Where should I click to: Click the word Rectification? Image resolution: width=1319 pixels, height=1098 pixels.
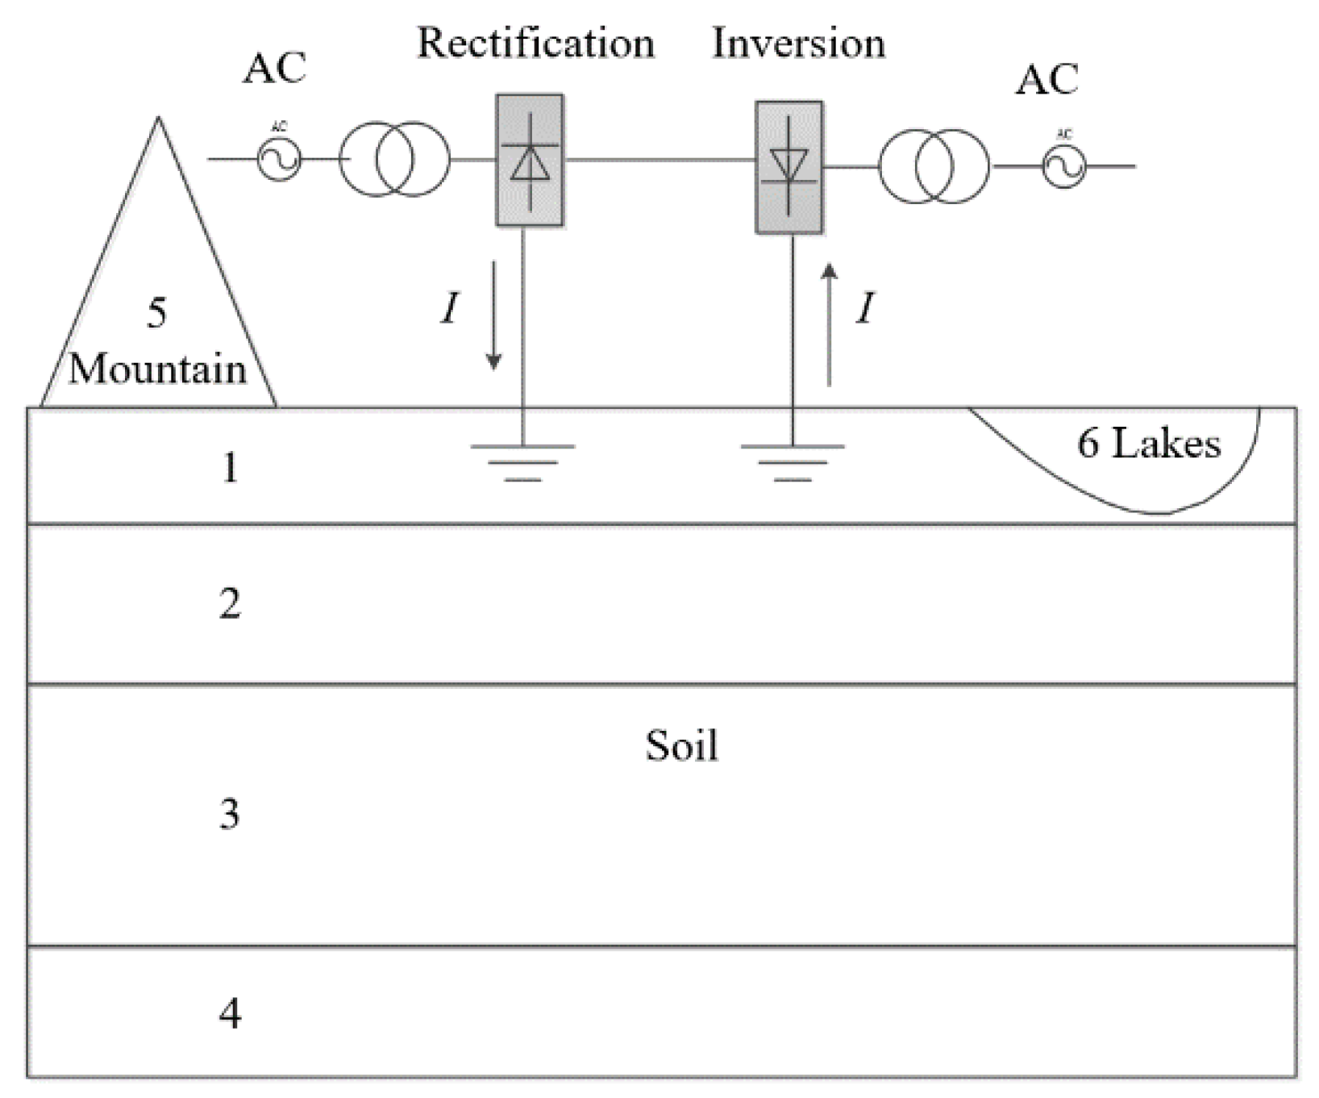pyautogui.click(x=535, y=43)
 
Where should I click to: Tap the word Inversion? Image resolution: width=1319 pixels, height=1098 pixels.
pyautogui.click(x=798, y=43)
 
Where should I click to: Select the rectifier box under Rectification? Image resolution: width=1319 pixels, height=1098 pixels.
pyautogui.click(x=530, y=160)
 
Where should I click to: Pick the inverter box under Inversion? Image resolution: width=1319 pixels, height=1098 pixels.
pyautogui.click(x=788, y=167)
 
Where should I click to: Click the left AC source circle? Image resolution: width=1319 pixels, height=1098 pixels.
pyautogui.click(x=279, y=159)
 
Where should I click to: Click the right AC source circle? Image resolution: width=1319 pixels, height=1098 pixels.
pyautogui.click(x=1064, y=167)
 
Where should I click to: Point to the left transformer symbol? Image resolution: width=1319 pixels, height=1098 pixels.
pyautogui.click(x=394, y=159)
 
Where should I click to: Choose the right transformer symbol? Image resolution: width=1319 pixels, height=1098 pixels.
pyautogui.click(x=934, y=167)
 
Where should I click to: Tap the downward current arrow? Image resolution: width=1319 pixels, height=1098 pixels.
pyautogui.click(x=493, y=315)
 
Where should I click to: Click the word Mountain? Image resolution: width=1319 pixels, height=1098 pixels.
pyautogui.click(x=157, y=369)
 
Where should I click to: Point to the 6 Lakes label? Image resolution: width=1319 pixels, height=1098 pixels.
pyautogui.click(x=1149, y=444)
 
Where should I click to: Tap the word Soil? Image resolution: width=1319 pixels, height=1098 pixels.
pyautogui.click(x=681, y=746)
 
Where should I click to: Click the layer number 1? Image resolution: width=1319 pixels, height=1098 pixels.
pyautogui.click(x=231, y=468)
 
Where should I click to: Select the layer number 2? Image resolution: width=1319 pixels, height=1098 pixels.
pyautogui.click(x=230, y=603)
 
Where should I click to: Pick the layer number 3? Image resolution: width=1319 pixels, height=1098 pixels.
pyautogui.click(x=230, y=815)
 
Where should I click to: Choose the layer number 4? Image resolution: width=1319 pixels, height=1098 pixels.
pyautogui.click(x=231, y=1012)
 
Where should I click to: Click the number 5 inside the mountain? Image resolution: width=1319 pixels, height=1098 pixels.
pyautogui.click(x=157, y=313)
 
